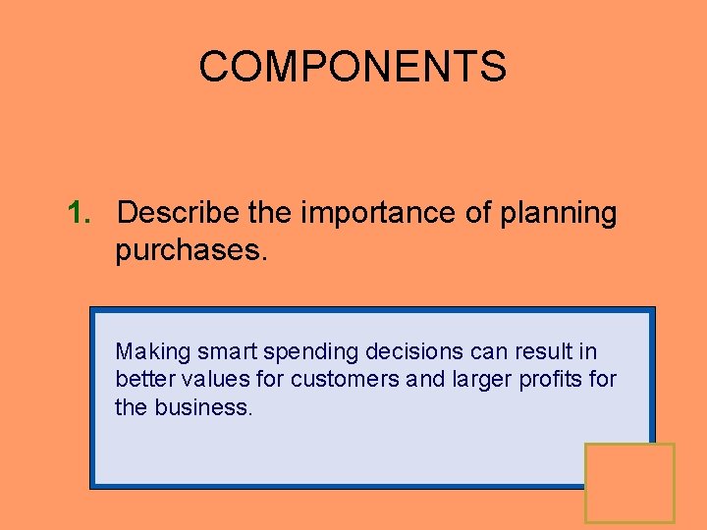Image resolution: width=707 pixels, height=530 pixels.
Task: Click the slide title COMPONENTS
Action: click(353, 67)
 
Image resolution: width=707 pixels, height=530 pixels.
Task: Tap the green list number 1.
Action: click(80, 213)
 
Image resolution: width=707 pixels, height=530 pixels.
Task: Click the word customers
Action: click(344, 379)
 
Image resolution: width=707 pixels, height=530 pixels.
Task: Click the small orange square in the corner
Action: click(629, 482)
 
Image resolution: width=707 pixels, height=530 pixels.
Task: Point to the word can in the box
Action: click(465, 352)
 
